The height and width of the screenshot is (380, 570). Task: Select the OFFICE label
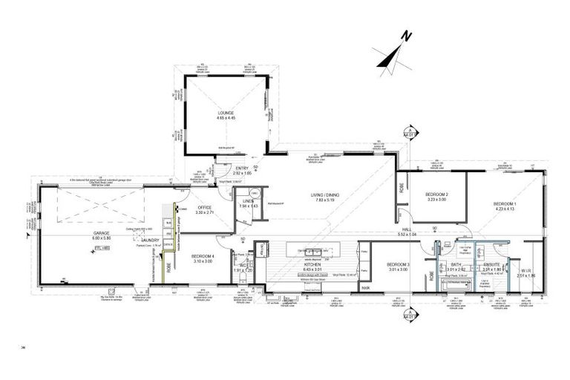coord(203,208)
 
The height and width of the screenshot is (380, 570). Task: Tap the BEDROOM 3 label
coord(399,265)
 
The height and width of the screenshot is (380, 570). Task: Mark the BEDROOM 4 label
coord(203,256)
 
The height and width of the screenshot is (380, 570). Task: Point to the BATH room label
coord(456,265)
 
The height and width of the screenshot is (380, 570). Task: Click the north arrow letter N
coord(405,35)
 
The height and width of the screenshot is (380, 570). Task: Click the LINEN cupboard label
coord(248,200)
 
